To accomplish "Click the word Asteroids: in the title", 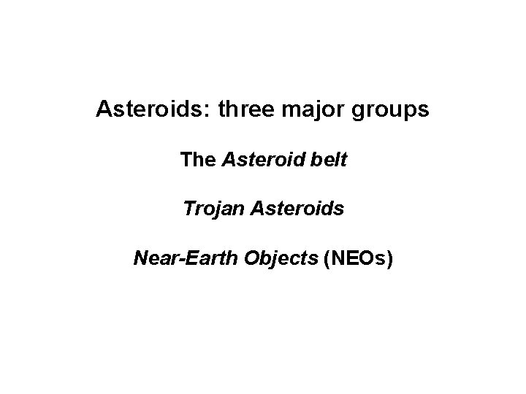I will [144, 112].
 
